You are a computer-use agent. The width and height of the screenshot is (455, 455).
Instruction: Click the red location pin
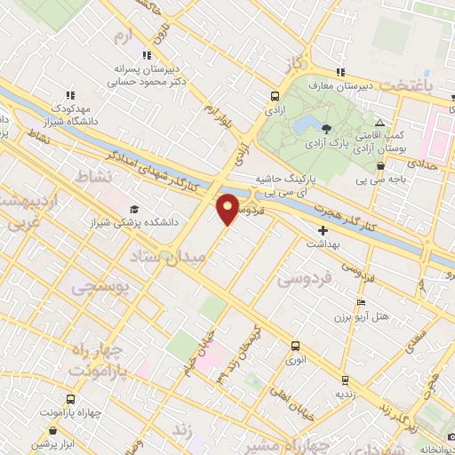tap(227, 208)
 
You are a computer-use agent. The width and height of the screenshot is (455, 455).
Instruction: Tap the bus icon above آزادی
tap(275, 97)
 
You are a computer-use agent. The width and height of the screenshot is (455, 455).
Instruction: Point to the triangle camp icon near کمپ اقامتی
tap(379, 123)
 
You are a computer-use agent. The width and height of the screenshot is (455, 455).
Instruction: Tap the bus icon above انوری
tap(296, 344)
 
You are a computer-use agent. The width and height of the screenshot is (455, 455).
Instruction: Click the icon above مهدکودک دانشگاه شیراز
tap(70, 95)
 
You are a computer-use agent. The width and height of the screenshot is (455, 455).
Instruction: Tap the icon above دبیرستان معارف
tap(338, 72)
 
